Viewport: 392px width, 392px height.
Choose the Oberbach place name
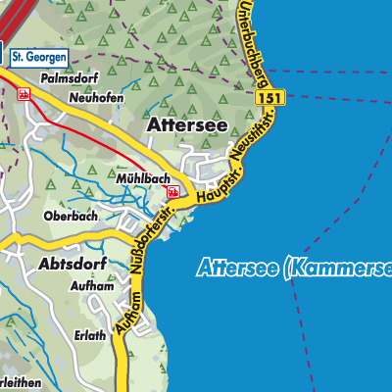[69, 216]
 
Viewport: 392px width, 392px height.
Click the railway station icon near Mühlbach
[171, 193]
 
